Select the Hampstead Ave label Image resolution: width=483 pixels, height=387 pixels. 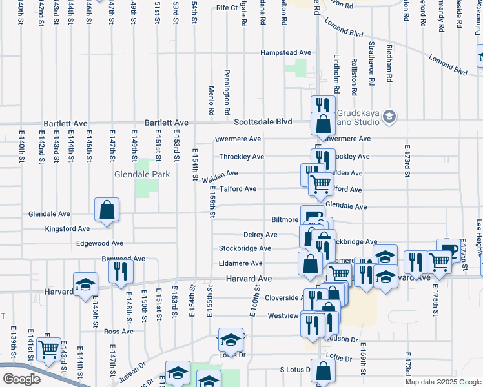(285, 52)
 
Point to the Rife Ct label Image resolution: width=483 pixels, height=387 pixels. (227, 8)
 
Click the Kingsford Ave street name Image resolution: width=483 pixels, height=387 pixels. (67, 228)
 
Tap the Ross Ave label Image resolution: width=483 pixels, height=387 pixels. (118, 332)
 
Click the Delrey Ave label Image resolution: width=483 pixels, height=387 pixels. (260, 235)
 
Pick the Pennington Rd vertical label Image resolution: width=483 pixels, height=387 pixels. (227, 88)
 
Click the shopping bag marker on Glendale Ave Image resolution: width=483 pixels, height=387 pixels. (107, 210)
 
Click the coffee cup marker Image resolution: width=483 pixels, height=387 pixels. (447, 250)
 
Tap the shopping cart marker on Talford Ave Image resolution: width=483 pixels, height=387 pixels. (321, 185)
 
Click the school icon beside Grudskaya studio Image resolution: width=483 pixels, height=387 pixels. (389, 116)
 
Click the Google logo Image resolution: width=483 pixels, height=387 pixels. (22, 379)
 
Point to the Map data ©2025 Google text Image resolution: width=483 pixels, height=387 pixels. (442, 382)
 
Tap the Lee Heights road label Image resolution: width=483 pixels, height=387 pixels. (479, 236)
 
